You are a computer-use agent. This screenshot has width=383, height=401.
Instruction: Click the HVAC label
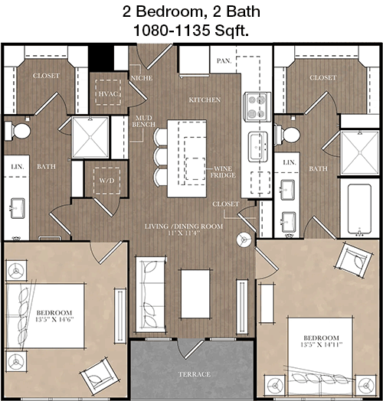[x=108, y=94]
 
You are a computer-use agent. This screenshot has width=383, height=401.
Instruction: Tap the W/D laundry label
[x=106, y=181]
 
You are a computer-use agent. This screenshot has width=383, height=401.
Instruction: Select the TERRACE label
[x=195, y=374]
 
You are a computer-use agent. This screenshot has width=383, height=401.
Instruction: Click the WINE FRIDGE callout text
[x=223, y=172]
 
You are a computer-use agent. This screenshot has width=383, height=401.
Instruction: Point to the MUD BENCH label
[x=144, y=121]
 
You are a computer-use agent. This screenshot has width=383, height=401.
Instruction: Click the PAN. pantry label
[x=224, y=61]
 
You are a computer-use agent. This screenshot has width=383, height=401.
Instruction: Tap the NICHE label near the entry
[x=142, y=78]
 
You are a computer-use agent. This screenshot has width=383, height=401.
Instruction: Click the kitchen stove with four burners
[x=257, y=106]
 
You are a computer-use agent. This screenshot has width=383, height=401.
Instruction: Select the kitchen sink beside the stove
[x=258, y=146]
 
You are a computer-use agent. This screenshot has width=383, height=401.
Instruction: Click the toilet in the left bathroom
[x=18, y=131]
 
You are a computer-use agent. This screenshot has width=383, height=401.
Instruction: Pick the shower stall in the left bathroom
[x=90, y=137]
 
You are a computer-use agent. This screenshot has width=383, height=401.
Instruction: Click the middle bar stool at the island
[x=161, y=155]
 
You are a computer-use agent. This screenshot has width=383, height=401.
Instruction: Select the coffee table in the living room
[x=195, y=294]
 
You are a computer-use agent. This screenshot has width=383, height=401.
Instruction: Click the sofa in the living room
[x=151, y=294]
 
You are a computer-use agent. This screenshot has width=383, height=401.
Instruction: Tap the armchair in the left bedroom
[x=99, y=375]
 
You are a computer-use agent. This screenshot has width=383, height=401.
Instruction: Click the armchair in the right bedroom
[x=355, y=259]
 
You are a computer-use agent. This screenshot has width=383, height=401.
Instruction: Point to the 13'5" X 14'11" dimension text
[x=321, y=344]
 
